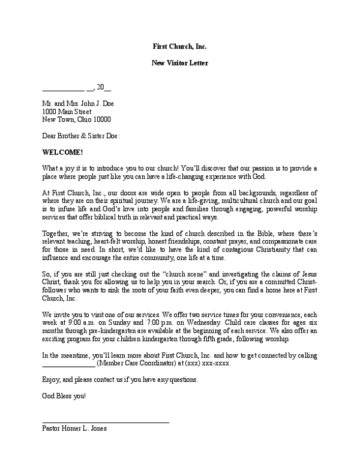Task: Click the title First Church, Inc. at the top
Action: coord(179,46)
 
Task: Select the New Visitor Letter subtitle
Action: coord(179,62)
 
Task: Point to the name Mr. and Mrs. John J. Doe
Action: coord(77,103)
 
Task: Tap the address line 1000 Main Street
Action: coord(67,111)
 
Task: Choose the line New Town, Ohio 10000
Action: coord(76,119)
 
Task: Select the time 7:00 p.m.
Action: coord(152,322)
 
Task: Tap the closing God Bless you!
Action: coord(64,396)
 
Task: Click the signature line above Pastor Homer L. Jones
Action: coord(106,422)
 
